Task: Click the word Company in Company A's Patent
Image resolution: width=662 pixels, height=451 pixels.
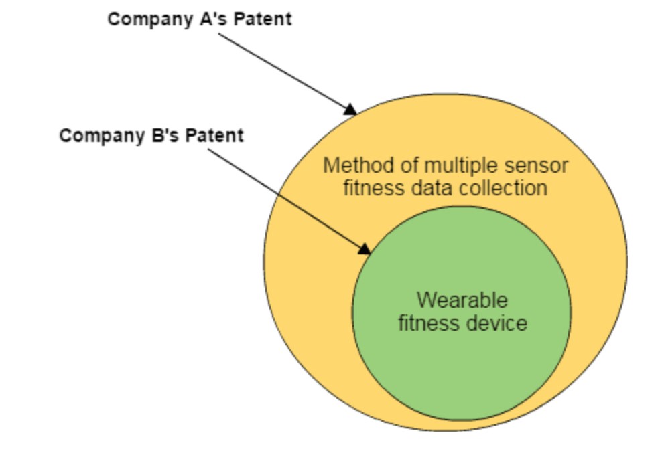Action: point(151,20)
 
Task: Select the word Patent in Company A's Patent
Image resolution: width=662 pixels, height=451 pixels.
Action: point(263,19)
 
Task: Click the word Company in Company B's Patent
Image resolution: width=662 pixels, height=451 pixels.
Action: point(102,136)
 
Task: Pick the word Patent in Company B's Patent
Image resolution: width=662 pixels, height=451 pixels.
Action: point(214,135)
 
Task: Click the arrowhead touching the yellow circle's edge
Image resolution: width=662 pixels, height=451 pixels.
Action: point(350,110)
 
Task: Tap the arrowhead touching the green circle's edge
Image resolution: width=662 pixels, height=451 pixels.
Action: point(364,249)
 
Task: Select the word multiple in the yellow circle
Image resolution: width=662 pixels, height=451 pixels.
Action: point(460,166)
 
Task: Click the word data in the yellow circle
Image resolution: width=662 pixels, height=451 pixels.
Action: point(432,188)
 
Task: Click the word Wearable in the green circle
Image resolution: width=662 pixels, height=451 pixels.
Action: point(462,300)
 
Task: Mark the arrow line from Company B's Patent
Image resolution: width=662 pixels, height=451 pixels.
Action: point(289,201)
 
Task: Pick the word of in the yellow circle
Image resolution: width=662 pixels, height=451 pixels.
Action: point(409,165)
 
